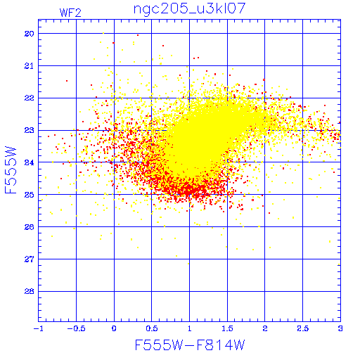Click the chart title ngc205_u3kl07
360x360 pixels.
189,9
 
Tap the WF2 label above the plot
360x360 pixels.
70,13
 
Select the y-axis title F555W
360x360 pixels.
11,170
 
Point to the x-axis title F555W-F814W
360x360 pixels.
190,345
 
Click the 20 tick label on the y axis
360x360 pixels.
30,34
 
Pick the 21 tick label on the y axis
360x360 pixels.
30,66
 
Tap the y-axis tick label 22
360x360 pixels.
30,98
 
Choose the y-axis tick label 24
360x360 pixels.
30,162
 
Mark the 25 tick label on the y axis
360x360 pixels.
30,195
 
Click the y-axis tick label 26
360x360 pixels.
30,227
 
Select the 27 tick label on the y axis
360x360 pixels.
30,259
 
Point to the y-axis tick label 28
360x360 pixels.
30,292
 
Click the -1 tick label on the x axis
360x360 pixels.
39,328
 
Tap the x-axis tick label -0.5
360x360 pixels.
76,328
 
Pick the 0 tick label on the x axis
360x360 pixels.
114,328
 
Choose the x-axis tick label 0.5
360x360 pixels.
152,328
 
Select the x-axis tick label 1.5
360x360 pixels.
227,328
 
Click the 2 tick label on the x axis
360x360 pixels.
265,328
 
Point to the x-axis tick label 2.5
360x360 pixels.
303,328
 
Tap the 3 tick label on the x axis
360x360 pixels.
340,328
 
